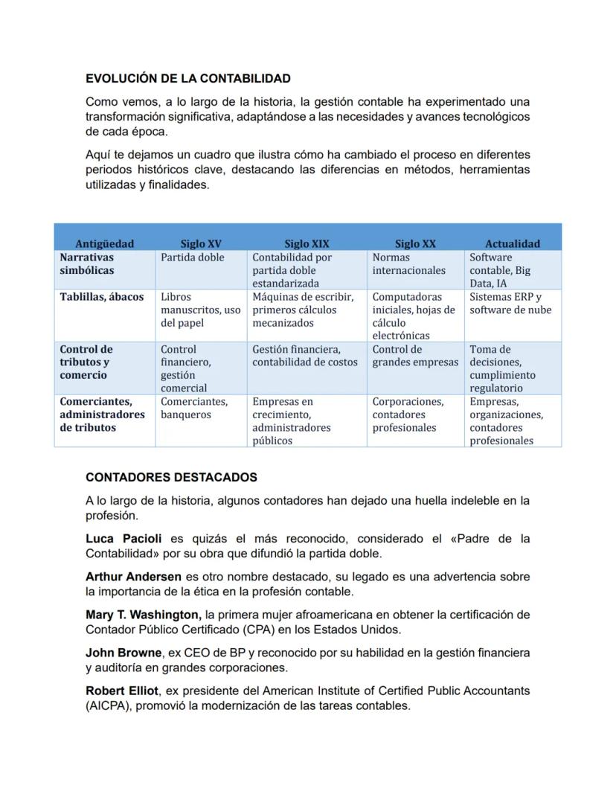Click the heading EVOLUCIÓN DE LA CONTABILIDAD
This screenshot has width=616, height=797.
187,78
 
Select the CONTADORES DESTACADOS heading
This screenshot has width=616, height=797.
171,477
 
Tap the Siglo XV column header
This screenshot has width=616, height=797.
200,243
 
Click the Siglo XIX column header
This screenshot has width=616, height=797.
307,243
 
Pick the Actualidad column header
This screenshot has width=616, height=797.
513,243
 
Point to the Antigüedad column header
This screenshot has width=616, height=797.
104,243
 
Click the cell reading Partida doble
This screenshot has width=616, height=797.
192,257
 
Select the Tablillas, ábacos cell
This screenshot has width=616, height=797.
102,297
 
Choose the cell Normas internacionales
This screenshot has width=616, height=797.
408,263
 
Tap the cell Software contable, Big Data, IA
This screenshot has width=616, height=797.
500,270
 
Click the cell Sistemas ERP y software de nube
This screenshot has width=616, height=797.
510,304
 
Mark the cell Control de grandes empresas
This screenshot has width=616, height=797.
415,356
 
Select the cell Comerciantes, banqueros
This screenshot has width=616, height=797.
194,408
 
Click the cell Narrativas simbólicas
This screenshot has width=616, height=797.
87,263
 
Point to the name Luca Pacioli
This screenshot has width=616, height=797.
123,538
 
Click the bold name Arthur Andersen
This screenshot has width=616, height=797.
133,577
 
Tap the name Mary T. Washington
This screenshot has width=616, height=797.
143,615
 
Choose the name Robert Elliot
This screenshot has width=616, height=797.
121,691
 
